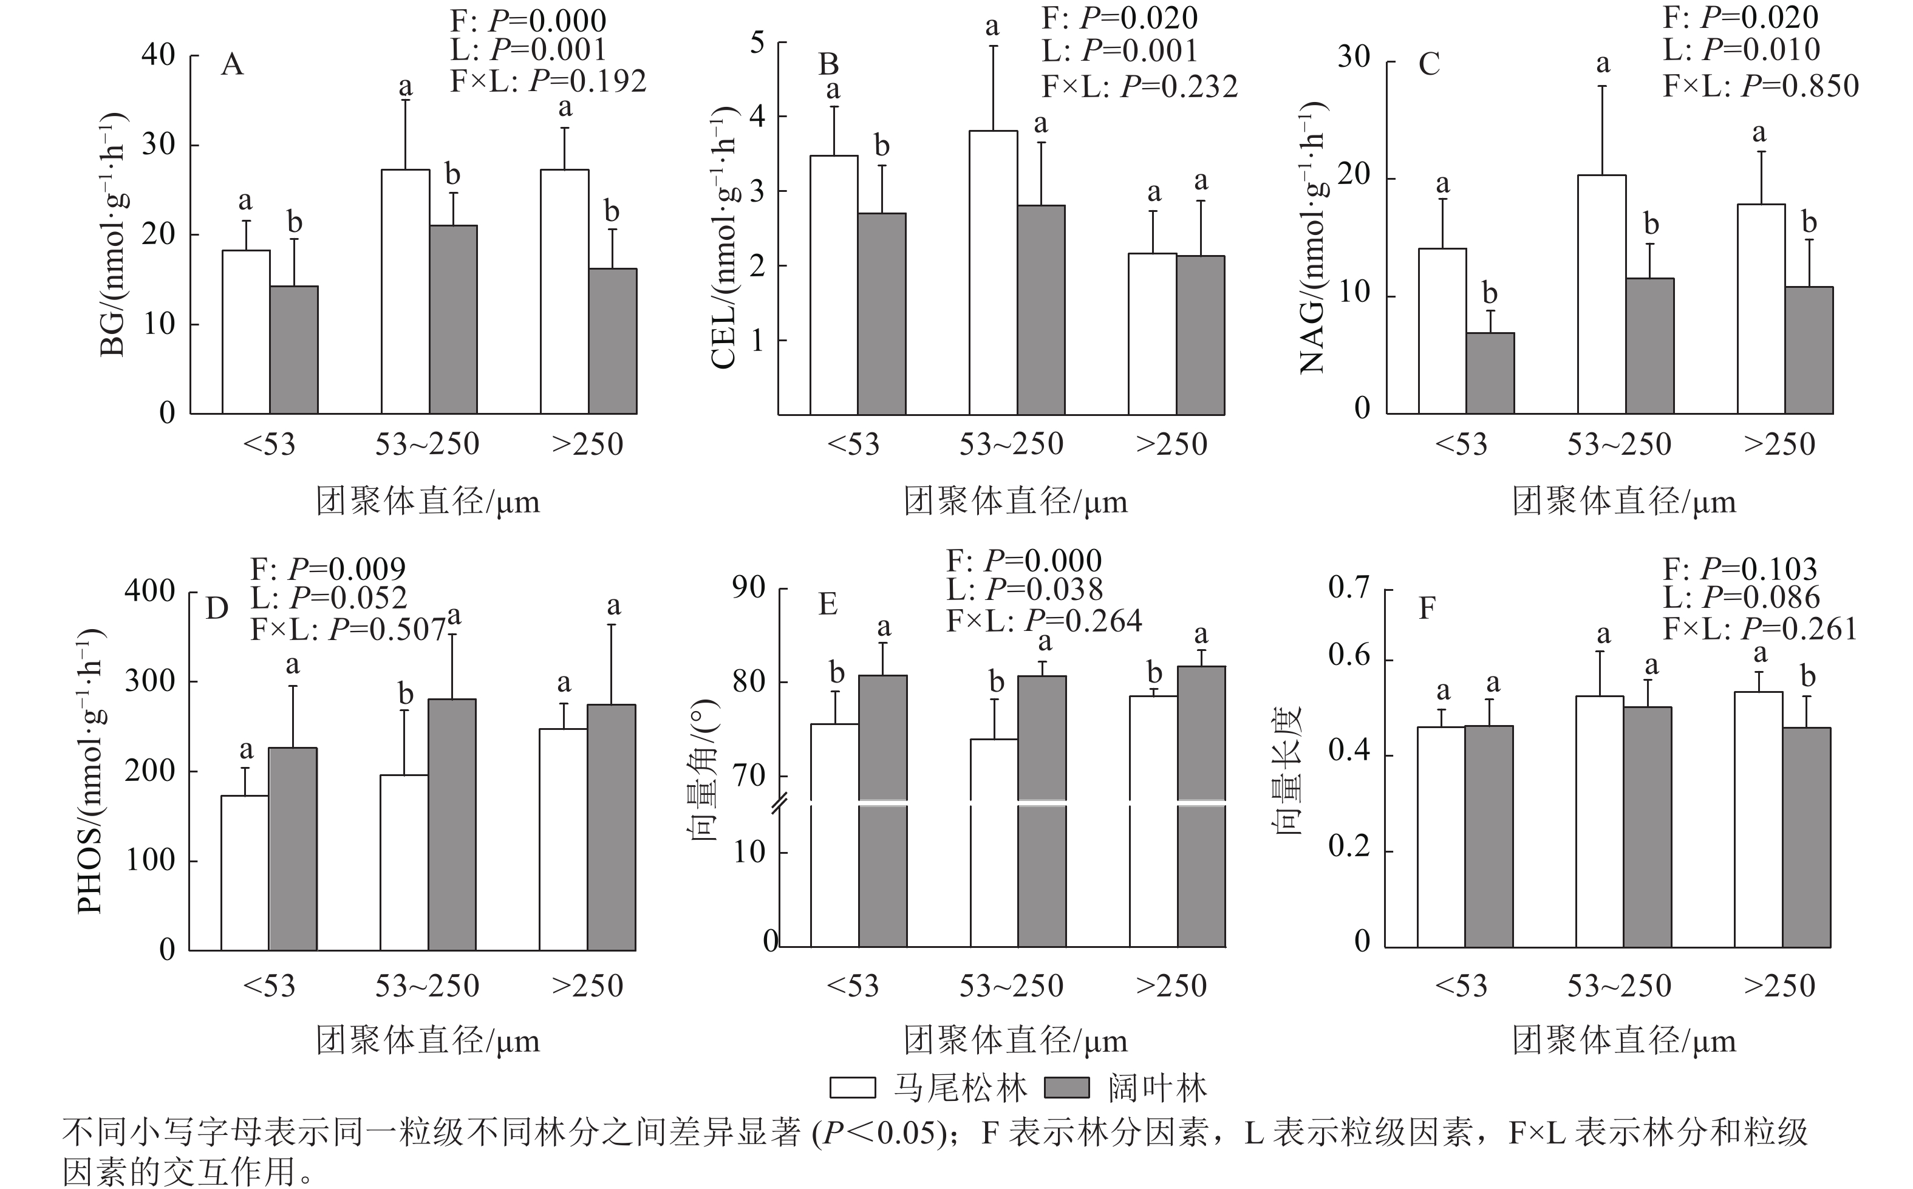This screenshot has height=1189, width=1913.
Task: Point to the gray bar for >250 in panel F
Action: [1807, 837]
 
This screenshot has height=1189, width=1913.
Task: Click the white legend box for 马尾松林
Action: [852, 1088]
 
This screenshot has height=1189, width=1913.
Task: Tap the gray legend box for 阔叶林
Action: [1067, 1088]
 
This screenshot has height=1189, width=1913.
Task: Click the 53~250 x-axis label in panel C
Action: [1619, 445]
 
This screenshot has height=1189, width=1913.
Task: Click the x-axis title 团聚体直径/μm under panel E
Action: [1015, 1041]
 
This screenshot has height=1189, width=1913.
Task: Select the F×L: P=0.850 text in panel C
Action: [1761, 86]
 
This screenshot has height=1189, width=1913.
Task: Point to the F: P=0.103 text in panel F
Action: [1740, 568]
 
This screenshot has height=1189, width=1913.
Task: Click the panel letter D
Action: [217, 608]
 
